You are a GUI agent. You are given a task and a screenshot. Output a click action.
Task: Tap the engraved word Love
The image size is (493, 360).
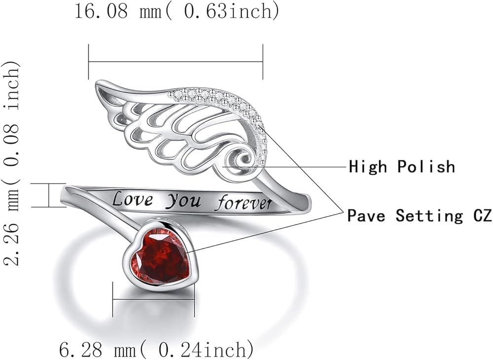pos(132,199)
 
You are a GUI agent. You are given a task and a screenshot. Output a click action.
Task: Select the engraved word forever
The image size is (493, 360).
pos(246,203)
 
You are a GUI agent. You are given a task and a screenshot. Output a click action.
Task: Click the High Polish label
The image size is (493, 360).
pos(402,167)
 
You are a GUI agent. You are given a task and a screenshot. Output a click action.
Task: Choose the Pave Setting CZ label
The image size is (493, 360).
pos(420,216)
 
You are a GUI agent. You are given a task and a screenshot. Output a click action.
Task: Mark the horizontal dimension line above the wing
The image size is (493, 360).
pos(176,62)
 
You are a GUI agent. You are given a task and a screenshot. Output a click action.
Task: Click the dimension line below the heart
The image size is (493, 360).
pos(153,298)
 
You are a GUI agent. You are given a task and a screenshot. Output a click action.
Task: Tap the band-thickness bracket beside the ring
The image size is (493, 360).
pos(49,195)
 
